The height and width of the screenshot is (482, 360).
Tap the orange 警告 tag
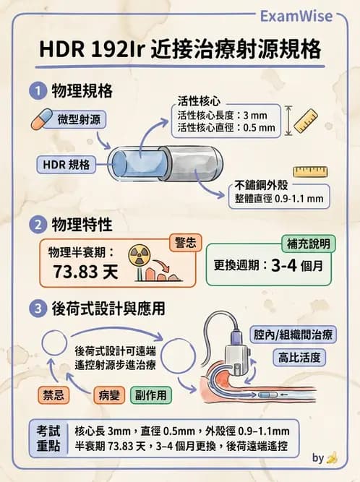187,243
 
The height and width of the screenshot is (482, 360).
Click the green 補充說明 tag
307,244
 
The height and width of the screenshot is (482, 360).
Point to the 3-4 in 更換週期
283,265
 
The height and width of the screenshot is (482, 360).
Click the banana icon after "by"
333,457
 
